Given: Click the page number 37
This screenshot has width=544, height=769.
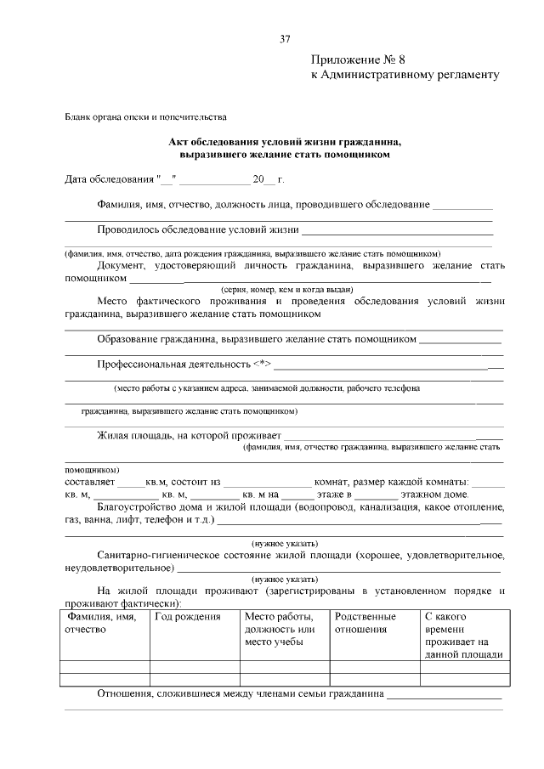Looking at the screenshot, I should [x=285, y=38].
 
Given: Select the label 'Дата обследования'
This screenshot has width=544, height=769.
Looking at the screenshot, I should [x=110, y=180].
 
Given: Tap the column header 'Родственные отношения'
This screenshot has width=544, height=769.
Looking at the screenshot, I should [x=365, y=623].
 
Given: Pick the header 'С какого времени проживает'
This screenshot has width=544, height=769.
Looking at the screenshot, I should [x=463, y=636].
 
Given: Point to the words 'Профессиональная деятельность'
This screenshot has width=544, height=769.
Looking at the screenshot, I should [x=173, y=364].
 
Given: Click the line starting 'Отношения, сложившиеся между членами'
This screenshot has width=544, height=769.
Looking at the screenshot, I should [x=241, y=694].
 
